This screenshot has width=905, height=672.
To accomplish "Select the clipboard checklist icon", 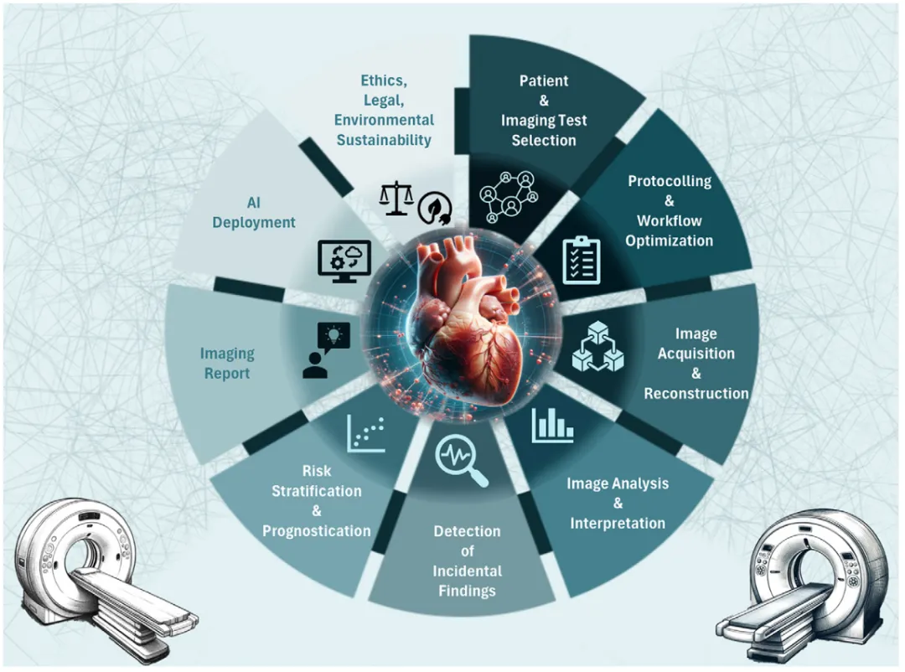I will [581, 260].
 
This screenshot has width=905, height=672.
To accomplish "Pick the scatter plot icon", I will [366, 432].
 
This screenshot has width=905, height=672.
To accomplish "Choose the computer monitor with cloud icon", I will [344, 261].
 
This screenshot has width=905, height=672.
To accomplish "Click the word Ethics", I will [384, 80].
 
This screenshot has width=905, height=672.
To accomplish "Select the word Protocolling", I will [670, 181].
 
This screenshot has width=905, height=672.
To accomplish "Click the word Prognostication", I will [316, 530].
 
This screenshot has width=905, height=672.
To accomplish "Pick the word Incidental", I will [467, 571].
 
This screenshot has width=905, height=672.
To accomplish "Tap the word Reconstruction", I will [696, 393].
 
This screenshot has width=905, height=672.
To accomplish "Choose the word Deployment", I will [253, 222].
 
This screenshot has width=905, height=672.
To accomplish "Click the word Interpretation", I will [618, 523].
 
